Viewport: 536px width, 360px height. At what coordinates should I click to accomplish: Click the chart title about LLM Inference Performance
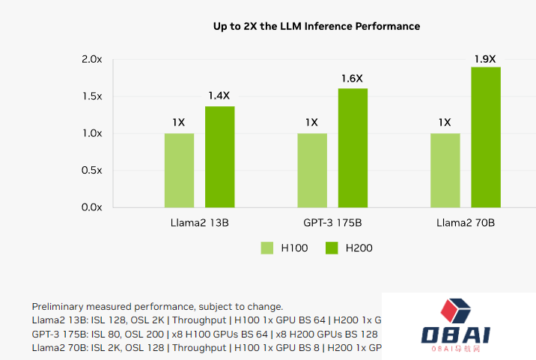(x=317, y=26)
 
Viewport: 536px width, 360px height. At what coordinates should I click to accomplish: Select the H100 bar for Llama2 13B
(x=180, y=170)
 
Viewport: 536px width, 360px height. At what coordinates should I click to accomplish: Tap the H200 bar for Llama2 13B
(x=220, y=156)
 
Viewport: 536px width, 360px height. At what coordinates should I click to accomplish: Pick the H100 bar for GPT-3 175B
(x=312, y=170)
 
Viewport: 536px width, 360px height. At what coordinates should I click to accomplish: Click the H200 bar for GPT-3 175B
(x=353, y=147)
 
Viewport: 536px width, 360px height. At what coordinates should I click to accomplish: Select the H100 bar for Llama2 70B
(x=445, y=170)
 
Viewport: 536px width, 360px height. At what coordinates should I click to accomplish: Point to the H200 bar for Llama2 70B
(x=486, y=137)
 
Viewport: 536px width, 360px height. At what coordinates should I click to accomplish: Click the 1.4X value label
(x=219, y=96)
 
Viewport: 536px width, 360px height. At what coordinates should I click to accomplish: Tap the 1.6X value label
(x=352, y=78)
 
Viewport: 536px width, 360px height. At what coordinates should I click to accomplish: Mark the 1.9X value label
(x=485, y=58)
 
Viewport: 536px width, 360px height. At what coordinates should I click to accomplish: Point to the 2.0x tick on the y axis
(x=91, y=59)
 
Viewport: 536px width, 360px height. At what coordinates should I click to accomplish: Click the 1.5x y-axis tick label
(x=91, y=97)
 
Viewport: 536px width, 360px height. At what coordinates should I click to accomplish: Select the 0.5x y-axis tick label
(x=91, y=171)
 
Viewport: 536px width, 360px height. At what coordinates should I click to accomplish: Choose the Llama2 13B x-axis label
(x=199, y=223)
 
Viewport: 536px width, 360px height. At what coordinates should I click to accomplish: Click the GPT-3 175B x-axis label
(x=332, y=223)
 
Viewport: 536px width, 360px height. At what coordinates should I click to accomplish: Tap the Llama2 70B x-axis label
(x=465, y=223)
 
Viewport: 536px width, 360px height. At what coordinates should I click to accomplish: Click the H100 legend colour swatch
(x=267, y=248)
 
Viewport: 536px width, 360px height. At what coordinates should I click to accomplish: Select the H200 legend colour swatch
(x=332, y=248)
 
